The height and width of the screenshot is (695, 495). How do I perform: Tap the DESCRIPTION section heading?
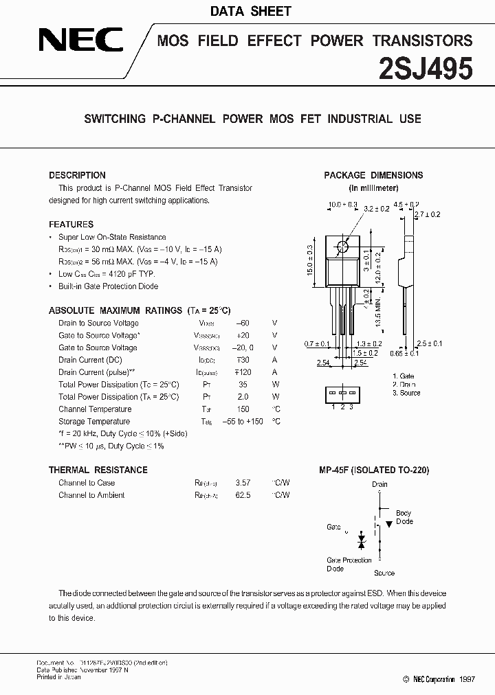(x=77, y=175)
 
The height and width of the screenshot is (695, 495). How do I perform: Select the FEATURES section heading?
(x=71, y=225)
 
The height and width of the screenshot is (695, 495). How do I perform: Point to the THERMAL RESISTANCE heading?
(x=98, y=470)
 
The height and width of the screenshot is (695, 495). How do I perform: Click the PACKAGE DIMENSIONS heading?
(x=373, y=175)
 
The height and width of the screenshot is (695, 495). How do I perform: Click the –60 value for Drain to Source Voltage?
(x=242, y=323)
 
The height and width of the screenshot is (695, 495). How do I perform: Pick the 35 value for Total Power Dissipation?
(x=242, y=385)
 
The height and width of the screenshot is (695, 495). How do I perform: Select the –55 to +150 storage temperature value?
(x=242, y=422)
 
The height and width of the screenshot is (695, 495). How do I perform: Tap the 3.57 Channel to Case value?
(x=243, y=483)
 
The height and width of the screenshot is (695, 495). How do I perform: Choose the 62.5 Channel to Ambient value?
(x=243, y=495)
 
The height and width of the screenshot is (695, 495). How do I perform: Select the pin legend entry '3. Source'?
(x=406, y=393)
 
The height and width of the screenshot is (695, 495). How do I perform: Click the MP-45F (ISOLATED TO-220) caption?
(x=373, y=470)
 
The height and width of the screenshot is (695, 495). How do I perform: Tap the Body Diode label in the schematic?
(x=404, y=517)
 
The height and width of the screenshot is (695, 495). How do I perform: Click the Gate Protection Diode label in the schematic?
(x=349, y=565)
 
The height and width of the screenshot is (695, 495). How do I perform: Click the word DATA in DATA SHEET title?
(x=226, y=11)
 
